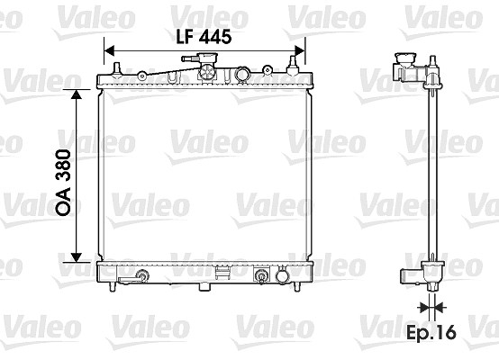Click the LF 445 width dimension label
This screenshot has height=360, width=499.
click(204, 37)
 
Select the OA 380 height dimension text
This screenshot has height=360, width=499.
click(63, 183)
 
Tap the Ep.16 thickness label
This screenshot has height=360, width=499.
click(431, 333)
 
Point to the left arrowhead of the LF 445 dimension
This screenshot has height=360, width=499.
click(110, 50)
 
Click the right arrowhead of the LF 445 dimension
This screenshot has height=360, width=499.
click(300, 50)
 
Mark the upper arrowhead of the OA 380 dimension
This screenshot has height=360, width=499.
click(76, 94)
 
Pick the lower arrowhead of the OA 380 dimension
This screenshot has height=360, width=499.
click(76, 257)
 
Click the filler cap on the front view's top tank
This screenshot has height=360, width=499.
click(207, 58)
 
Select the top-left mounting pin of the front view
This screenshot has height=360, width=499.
click(117, 68)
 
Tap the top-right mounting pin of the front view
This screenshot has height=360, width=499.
click(293, 66)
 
